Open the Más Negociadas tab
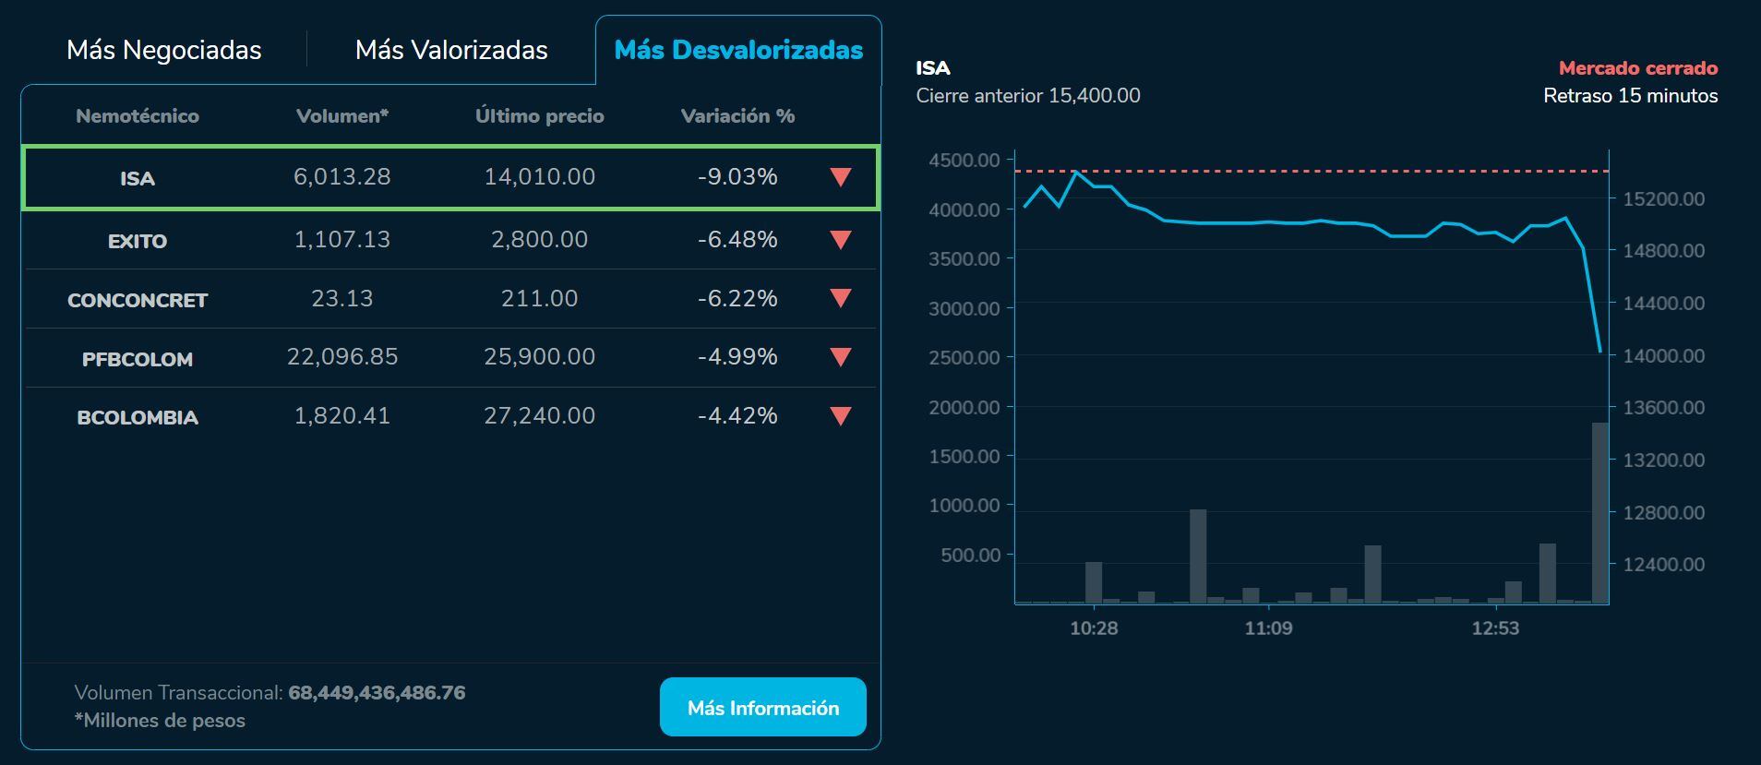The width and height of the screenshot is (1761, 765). click(x=164, y=50)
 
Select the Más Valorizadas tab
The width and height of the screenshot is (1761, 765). click(x=451, y=50)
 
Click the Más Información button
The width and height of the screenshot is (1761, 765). click(x=762, y=708)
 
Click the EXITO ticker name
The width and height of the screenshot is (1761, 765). click(x=138, y=242)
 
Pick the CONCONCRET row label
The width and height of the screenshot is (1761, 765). click(x=138, y=301)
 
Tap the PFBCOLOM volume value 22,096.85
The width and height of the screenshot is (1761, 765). click(x=342, y=357)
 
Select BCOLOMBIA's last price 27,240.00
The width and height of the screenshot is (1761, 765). click(x=539, y=416)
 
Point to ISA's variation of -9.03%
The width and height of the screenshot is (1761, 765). click(x=737, y=177)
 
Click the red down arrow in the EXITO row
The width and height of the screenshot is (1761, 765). click(x=840, y=240)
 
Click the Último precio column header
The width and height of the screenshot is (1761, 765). click(x=539, y=116)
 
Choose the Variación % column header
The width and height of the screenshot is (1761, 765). click(x=737, y=116)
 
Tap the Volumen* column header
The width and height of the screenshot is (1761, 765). click(x=342, y=116)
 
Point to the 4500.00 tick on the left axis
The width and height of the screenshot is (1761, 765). click(x=964, y=161)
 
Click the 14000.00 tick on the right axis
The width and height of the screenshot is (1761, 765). click(x=1663, y=356)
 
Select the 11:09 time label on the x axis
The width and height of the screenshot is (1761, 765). click(x=1268, y=628)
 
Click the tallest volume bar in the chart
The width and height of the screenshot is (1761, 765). click(x=1599, y=513)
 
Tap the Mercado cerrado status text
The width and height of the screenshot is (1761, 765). click(x=1637, y=68)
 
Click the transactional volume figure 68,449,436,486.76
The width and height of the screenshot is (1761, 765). click(x=377, y=693)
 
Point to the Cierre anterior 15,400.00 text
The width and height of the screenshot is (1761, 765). click(x=1027, y=96)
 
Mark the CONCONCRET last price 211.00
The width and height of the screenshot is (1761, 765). click(x=539, y=299)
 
